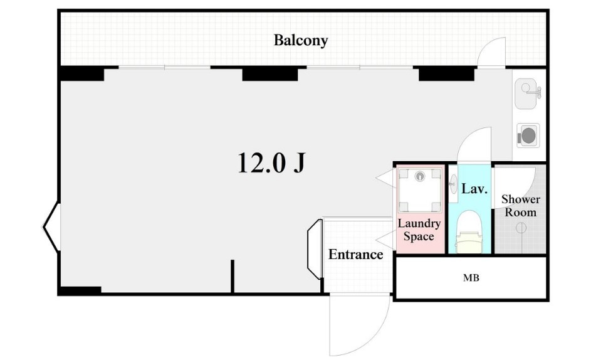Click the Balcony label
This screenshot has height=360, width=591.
tap(300, 40)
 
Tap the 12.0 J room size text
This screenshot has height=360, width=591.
tap(271, 163)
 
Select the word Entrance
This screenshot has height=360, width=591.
tap(355, 255)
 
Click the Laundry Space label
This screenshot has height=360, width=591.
tap(419, 230)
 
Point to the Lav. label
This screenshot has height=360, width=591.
tap(474, 188)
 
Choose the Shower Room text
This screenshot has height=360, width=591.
tap(521, 205)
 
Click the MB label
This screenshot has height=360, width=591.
tap(471, 278)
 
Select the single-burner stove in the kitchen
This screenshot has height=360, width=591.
tap(528, 135)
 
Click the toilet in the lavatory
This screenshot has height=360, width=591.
tap(469, 233)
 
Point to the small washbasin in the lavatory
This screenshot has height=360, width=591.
tap(452, 184)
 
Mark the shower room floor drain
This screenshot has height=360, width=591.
tap(521, 228)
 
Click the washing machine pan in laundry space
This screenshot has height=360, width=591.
tap(420, 190)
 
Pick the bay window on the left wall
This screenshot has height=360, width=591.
tap(51, 227)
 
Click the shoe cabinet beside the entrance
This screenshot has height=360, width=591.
tap(315, 249)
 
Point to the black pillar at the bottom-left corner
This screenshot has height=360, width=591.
tap(80, 290)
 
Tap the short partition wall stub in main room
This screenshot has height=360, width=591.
tap(233, 276)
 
